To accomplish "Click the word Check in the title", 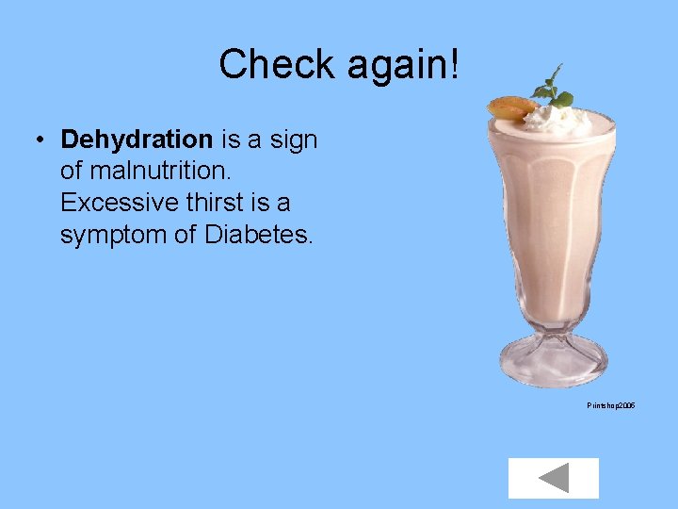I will click(278, 65).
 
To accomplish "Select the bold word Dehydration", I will click(137, 140).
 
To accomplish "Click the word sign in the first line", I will click(293, 140).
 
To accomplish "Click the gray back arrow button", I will click(554, 478).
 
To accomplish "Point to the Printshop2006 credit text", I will click(611, 404).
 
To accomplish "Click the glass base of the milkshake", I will click(555, 368).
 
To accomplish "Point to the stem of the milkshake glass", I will click(554, 330).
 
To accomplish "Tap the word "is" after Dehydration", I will click(232, 140).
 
